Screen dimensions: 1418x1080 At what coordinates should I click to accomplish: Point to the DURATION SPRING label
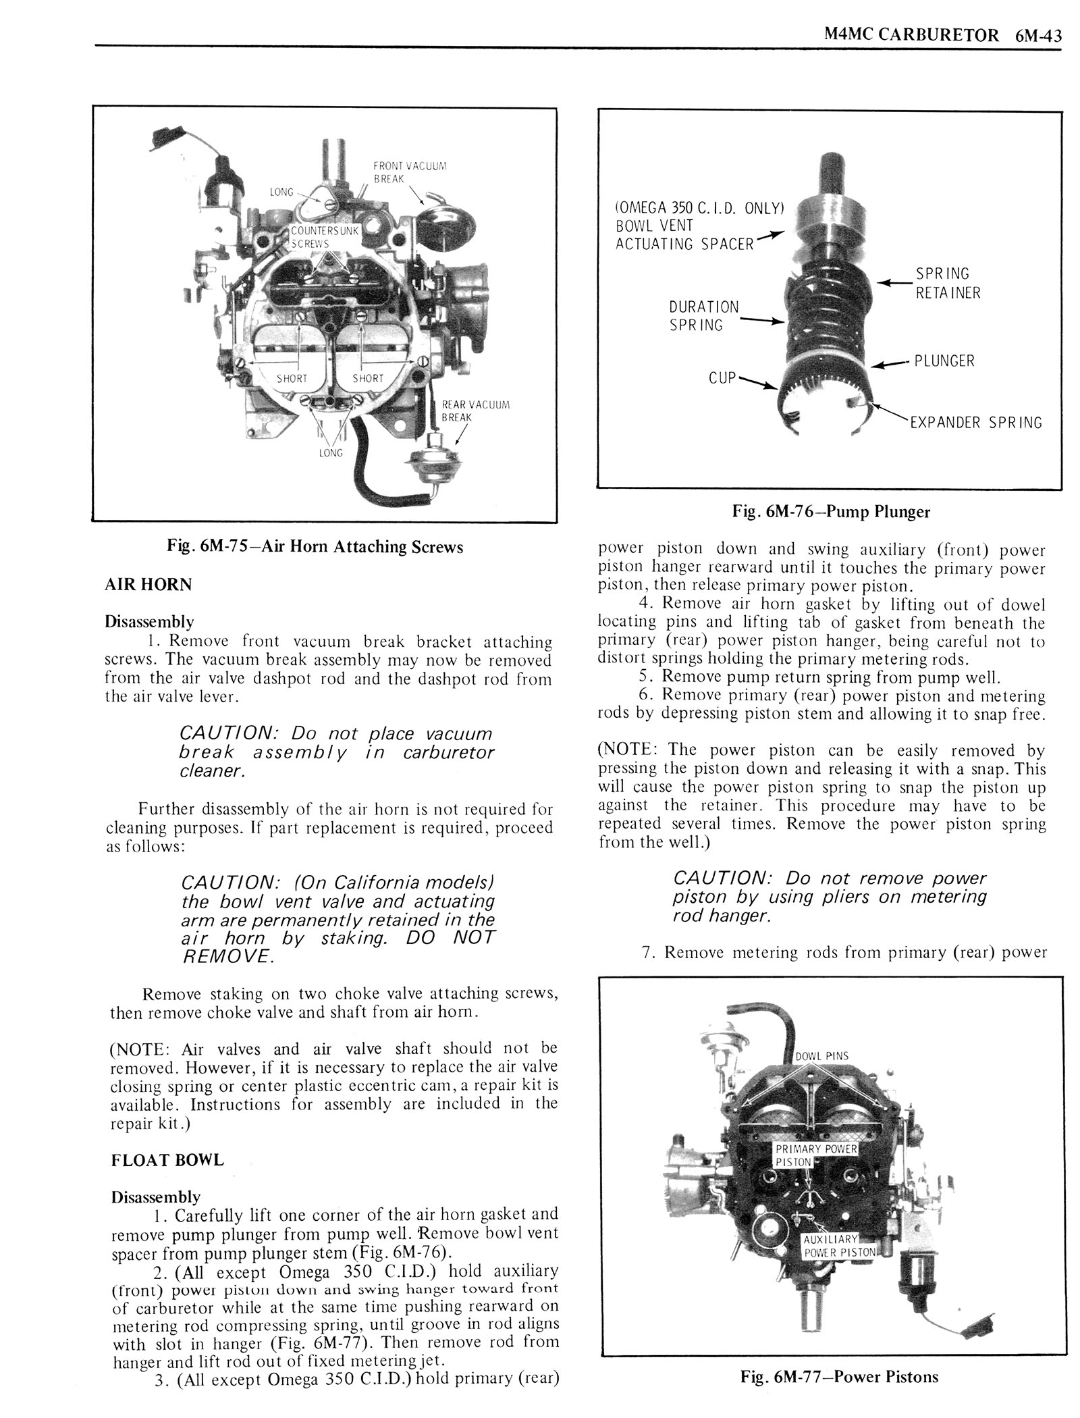pos(703,316)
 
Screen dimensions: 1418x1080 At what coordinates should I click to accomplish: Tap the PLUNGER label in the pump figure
pos(944,361)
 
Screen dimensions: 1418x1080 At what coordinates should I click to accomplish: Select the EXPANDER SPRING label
pos(975,423)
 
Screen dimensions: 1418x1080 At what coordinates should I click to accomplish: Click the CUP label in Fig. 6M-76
pos(721,378)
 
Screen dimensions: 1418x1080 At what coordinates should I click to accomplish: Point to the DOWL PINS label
pos(821,1056)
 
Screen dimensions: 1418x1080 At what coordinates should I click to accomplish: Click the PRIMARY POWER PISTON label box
pos(815,1155)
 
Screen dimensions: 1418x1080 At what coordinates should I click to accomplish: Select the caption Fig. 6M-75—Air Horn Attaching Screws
pos(315,547)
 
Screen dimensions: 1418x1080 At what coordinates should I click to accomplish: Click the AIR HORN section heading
pos(148,585)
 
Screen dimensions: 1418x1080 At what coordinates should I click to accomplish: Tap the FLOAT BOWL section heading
pos(167,1160)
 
